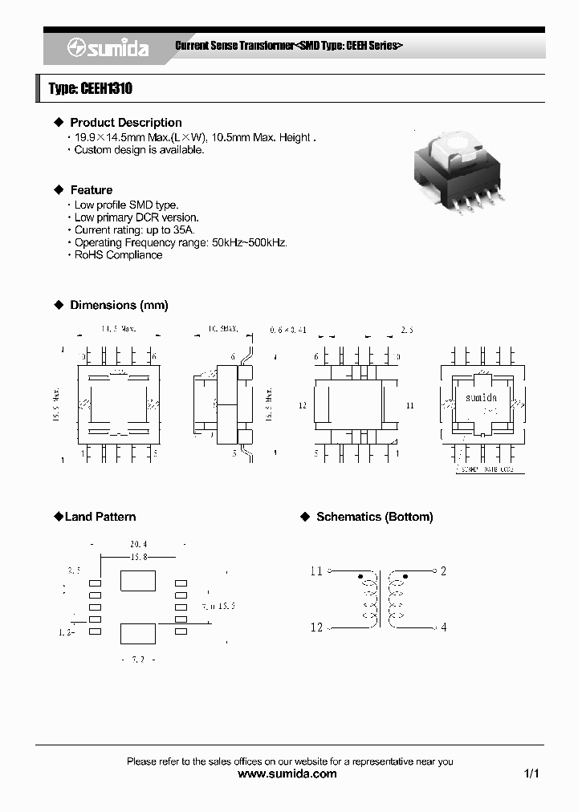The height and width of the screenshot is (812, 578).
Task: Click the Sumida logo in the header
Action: tap(108, 48)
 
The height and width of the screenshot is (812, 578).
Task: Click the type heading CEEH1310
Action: tap(91, 89)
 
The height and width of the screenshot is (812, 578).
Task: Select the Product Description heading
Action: tap(125, 123)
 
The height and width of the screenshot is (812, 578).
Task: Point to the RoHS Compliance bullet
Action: tap(118, 255)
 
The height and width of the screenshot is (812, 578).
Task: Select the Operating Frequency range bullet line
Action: tap(181, 242)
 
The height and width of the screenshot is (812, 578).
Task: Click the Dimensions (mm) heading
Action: tap(119, 305)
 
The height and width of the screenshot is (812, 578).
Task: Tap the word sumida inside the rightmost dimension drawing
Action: tap(481, 398)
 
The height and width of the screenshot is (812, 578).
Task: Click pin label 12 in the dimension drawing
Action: tap(303, 406)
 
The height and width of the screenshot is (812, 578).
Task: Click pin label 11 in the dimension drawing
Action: tap(409, 406)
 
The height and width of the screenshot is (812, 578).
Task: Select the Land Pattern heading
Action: tap(100, 517)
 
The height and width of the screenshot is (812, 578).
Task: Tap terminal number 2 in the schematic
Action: tap(443, 571)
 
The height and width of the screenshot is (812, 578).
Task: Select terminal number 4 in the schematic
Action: tap(443, 627)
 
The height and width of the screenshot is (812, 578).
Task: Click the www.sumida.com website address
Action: tap(288, 774)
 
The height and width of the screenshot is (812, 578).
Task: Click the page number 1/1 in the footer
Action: tap(531, 774)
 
